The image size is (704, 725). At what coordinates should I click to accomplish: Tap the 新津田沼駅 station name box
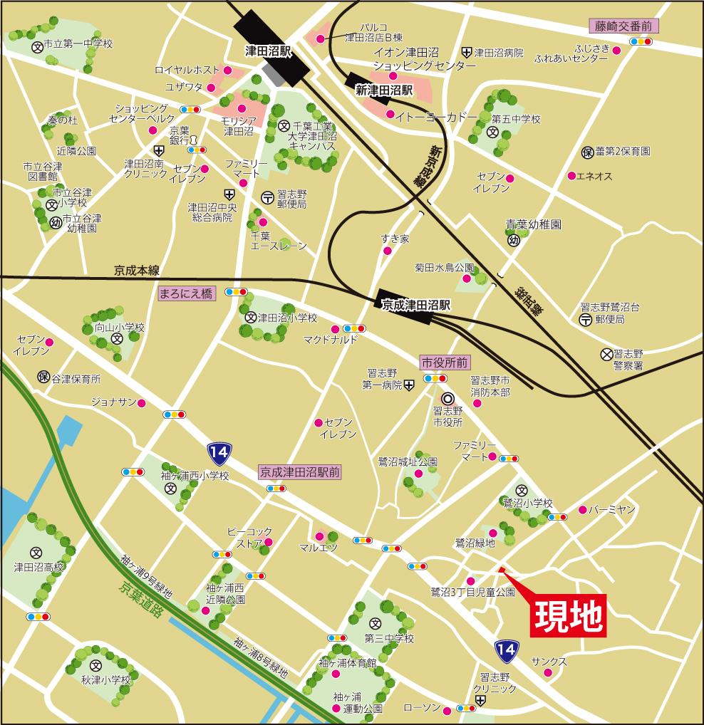pos(384,90)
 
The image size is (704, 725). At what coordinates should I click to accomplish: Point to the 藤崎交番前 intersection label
pos(624,26)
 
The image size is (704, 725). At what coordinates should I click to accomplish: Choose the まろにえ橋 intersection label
pos(185,293)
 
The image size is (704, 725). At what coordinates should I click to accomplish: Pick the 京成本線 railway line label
pos(136,271)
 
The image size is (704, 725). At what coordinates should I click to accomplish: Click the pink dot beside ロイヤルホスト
pos(227,71)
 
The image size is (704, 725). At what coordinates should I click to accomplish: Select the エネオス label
pos(594,176)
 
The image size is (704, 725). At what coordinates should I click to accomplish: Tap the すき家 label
pos(395,239)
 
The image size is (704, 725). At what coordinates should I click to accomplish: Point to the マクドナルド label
pos(331,339)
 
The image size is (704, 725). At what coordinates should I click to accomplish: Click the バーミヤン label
pos(612,510)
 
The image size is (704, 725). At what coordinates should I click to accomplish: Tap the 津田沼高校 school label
pos(39,568)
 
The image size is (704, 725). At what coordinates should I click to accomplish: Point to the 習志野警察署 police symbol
pos(606,353)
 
